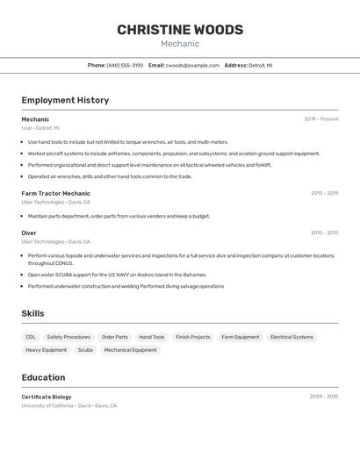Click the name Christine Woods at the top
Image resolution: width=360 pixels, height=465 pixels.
coord(180,30)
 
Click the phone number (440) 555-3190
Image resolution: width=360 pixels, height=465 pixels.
coord(125,66)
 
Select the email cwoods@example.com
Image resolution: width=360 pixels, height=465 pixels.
coord(192,66)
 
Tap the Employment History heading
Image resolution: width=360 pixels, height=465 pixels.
coord(65,100)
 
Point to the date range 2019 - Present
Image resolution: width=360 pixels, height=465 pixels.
coord(321,119)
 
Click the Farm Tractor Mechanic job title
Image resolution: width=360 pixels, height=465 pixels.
coord(55,193)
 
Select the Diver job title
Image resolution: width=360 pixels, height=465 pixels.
coord(29,232)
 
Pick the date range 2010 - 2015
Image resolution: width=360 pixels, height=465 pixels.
coord(324,232)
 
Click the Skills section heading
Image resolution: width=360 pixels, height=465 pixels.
coord(32,313)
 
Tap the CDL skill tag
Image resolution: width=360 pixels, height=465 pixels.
coord(31,337)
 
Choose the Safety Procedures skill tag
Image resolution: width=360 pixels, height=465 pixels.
coord(68,337)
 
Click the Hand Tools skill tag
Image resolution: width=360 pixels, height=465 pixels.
coord(152,337)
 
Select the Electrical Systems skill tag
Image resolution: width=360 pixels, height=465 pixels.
coord(292,337)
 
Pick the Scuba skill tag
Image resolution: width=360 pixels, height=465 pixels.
coord(85,350)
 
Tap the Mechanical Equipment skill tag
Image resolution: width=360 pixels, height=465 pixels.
coord(131,350)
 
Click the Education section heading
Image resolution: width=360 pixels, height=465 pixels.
coord(43,377)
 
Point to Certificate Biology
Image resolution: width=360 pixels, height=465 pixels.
coord(47,397)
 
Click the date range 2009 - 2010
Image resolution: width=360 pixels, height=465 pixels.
coord(324,397)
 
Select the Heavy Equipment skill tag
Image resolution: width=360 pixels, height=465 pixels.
coord(46,350)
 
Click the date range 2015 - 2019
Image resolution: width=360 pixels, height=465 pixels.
coord(324,193)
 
